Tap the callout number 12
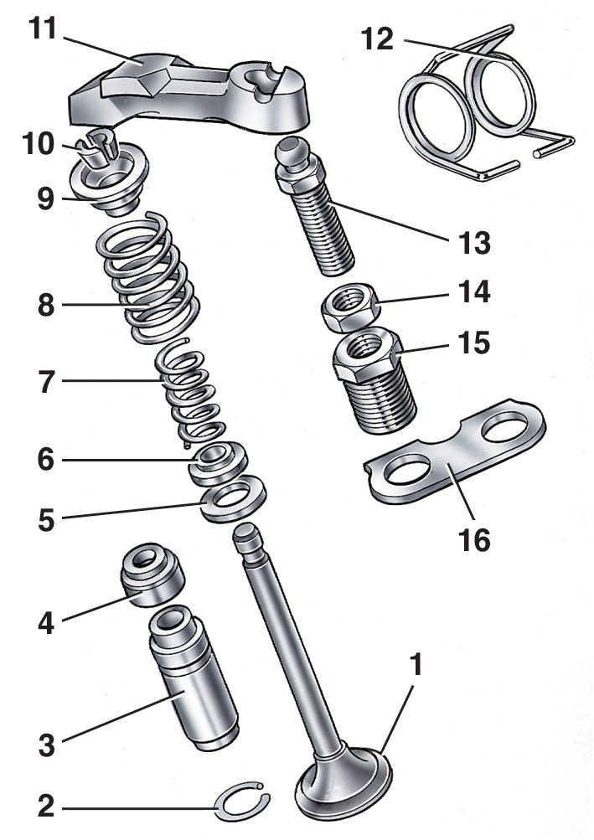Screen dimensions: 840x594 coord(377,39)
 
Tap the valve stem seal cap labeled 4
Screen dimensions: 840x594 coord(154,578)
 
